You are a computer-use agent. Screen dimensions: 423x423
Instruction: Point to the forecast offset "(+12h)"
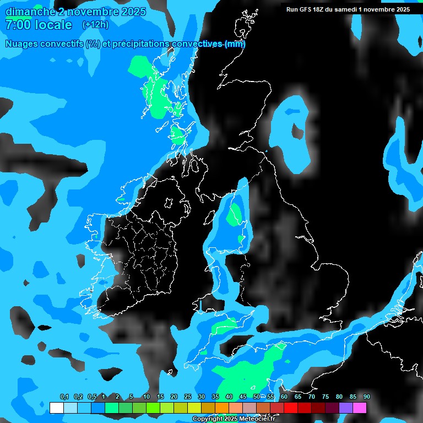click(x=95, y=25)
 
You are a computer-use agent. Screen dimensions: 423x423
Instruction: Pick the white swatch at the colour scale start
click(x=56, y=408)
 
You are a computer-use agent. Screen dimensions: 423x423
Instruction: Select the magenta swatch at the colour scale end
click(x=360, y=408)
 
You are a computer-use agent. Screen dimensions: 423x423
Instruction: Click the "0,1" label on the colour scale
click(x=64, y=397)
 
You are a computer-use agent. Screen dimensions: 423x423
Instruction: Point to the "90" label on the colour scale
click(x=367, y=397)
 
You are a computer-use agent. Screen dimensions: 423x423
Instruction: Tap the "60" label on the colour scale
click(x=284, y=397)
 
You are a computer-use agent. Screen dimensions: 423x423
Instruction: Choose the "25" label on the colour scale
click(x=188, y=397)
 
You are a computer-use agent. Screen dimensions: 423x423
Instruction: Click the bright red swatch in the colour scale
click(x=291, y=408)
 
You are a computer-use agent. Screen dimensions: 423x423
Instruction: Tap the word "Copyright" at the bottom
click(x=208, y=419)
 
